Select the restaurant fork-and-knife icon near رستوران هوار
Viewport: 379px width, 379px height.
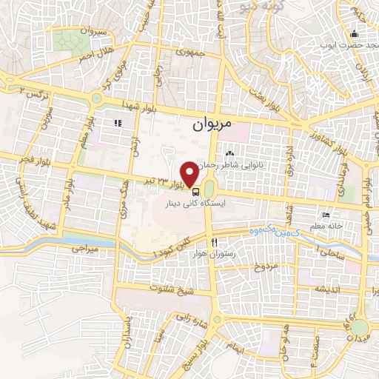(214, 242)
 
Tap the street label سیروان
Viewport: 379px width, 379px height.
(94, 33)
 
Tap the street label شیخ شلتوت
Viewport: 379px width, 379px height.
(171, 289)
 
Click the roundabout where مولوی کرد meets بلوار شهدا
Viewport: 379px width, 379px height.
(95, 98)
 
